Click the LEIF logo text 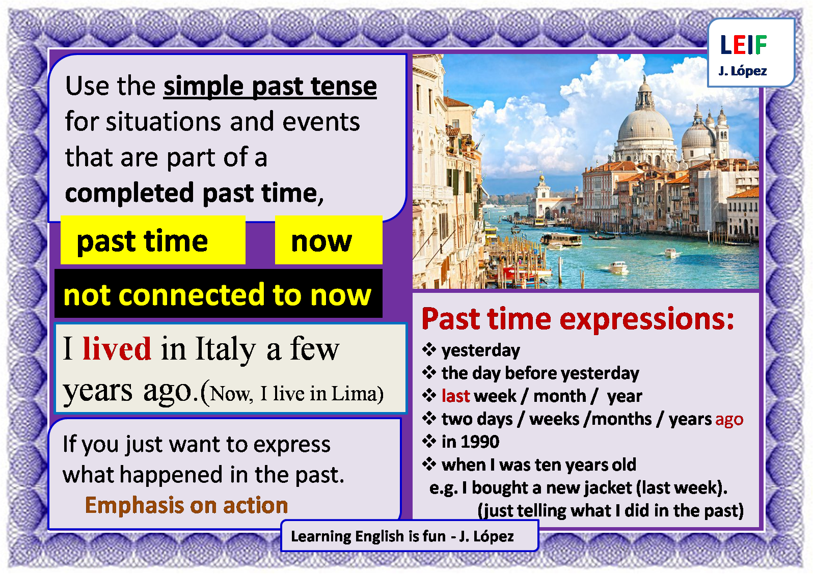point(743,45)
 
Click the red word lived point(117,349)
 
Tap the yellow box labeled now point(328,240)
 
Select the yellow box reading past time point(152,240)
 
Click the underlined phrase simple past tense point(270,86)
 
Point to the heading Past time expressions point(578,319)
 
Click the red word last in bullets point(455,396)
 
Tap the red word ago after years point(729,419)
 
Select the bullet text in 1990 point(470,442)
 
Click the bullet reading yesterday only point(480,350)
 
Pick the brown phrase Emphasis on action point(186,505)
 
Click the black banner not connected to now point(218,294)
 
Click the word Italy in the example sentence point(225,349)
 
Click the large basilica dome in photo point(645,122)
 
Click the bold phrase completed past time point(194,193)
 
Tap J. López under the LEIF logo point(743,71)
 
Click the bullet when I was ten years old point(538,464)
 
